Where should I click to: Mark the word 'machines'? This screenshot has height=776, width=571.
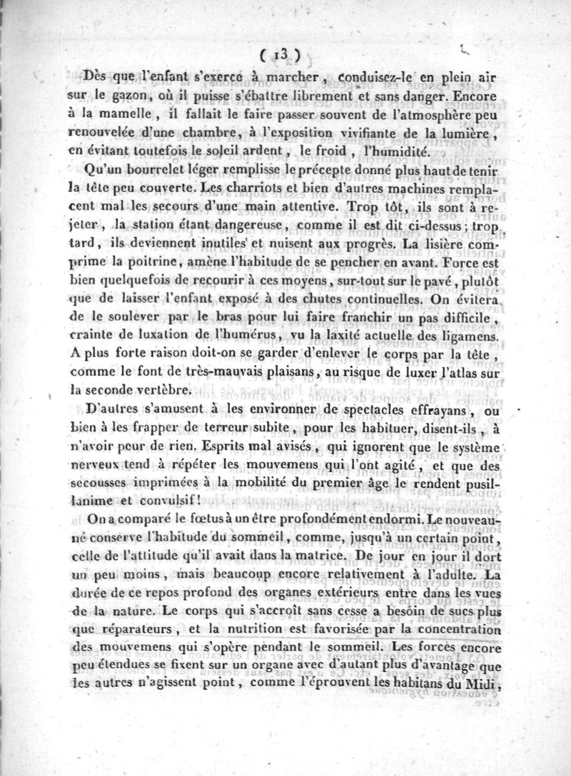pos(432,190)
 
